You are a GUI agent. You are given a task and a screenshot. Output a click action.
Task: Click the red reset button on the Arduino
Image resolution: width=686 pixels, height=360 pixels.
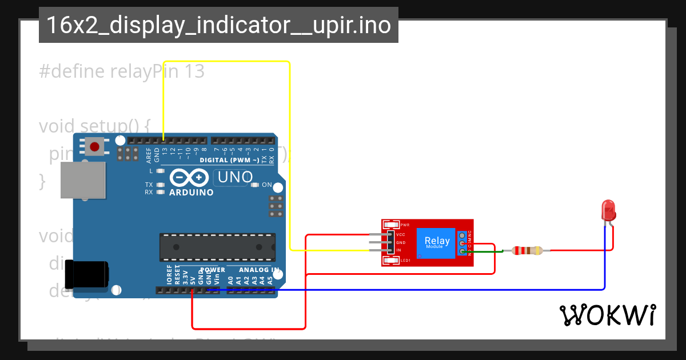(94, 147)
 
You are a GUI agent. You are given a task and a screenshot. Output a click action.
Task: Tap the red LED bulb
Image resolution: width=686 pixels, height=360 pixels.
(608, 210)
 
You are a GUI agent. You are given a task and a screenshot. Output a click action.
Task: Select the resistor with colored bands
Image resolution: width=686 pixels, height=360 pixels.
(527, 250)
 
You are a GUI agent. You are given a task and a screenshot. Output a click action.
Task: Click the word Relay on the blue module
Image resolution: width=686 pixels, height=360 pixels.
(437, 241)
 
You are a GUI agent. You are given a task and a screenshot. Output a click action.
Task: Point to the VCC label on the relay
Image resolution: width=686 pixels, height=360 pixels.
(401, 235)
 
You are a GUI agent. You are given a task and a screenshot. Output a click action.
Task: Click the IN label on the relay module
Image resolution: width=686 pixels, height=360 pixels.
(398, 250)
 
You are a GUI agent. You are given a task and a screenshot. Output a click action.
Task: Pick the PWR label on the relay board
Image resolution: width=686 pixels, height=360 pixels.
(405, 225)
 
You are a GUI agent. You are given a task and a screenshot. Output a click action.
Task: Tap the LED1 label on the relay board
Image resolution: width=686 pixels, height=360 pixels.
(405, 261)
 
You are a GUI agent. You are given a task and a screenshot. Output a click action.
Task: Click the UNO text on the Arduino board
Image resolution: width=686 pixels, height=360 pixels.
(235, 178)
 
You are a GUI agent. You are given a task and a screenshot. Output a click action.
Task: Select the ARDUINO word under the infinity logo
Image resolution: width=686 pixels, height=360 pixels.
(192, 193)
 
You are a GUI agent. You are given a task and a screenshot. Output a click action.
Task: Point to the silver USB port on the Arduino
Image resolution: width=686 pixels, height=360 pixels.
(83, 180)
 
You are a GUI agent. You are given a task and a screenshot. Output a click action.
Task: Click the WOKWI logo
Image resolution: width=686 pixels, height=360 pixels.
(607, 315)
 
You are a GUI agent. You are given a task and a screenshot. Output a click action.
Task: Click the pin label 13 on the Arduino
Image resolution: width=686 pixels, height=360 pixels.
(165, 151)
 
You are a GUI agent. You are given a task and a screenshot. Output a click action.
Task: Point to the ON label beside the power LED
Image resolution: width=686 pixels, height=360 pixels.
(267, 185)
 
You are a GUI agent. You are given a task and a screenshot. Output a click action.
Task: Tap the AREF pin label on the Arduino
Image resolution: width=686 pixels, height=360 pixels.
(149, 154)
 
